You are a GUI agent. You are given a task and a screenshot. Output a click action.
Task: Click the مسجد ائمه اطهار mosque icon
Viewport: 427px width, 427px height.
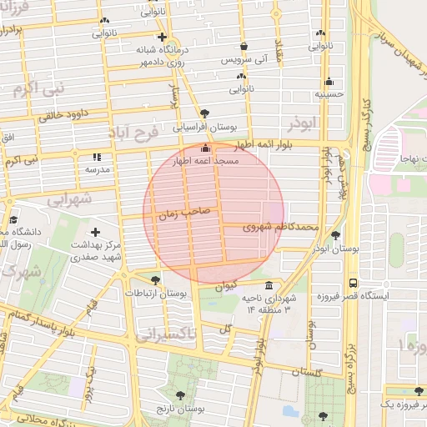tap(205, 148)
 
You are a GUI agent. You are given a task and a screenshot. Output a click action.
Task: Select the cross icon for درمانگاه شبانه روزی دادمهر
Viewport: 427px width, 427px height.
tap(162, 38)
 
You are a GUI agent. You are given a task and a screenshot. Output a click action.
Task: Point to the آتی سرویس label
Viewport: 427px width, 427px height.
tap(244, 61)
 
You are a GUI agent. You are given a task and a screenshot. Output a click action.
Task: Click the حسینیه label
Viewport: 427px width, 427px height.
tap(329, 95)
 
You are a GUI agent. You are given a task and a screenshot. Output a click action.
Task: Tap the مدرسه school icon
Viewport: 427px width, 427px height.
tap(98, 157)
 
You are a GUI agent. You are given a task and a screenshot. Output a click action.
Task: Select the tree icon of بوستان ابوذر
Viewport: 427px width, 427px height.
tap(335, 236)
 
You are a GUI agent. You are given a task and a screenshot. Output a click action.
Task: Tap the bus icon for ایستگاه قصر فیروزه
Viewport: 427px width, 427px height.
tap(354, 283)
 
